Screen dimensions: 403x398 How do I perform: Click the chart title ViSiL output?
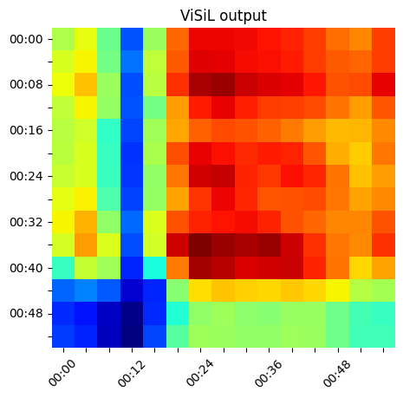pos(224,16)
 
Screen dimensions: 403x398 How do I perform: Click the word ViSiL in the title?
pos(198,16)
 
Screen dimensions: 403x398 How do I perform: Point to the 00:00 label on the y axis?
pos(26,39)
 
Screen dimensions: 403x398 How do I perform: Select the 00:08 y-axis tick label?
pos(26,85)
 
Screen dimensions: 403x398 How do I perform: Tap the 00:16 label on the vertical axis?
pos(26,131)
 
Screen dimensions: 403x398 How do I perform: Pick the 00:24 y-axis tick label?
pos(26,176)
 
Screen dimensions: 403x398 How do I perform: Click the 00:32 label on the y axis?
pos(26,222)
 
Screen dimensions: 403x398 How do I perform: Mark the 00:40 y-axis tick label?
pos(26,268)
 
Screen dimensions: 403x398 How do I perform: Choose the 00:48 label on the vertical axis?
pos(26,313)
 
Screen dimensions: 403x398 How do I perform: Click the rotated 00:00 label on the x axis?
pos(62,373)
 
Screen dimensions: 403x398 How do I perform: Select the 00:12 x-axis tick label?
pos(131,373)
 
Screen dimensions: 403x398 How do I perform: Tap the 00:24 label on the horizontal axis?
pos(199,373)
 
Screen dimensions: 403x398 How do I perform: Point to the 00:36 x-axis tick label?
pos(268,373)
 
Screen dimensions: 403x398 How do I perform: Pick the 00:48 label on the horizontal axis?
pos(337,373)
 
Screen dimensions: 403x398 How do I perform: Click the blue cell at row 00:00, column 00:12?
pos(132,39)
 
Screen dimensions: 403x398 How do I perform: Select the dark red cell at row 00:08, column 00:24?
pos(200,85)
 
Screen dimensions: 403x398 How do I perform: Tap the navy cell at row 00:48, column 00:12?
pos(132,313)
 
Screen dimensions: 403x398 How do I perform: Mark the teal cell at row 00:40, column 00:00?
pos(63,268)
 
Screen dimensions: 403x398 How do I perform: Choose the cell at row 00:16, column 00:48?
pos(338,130)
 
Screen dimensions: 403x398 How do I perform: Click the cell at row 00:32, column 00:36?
pos(270,222)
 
